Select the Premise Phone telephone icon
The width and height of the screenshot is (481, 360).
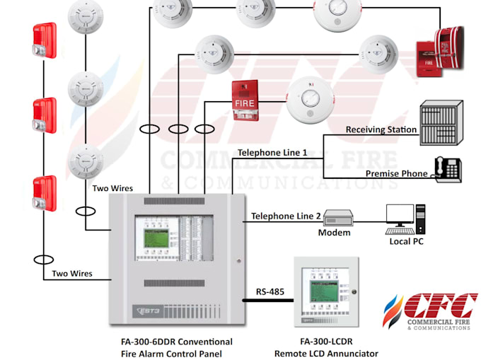click(x=447, y=170)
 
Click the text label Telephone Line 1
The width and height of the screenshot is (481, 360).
click(x=272, y=152)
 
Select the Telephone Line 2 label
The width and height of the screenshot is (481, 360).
click(x=286, y=216)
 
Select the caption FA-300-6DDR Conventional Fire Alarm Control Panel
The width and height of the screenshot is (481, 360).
click(x=176, y=347)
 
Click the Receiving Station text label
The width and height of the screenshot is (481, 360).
click(x=381, y=130)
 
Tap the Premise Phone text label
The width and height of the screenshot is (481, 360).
click(x=396, y=173)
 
